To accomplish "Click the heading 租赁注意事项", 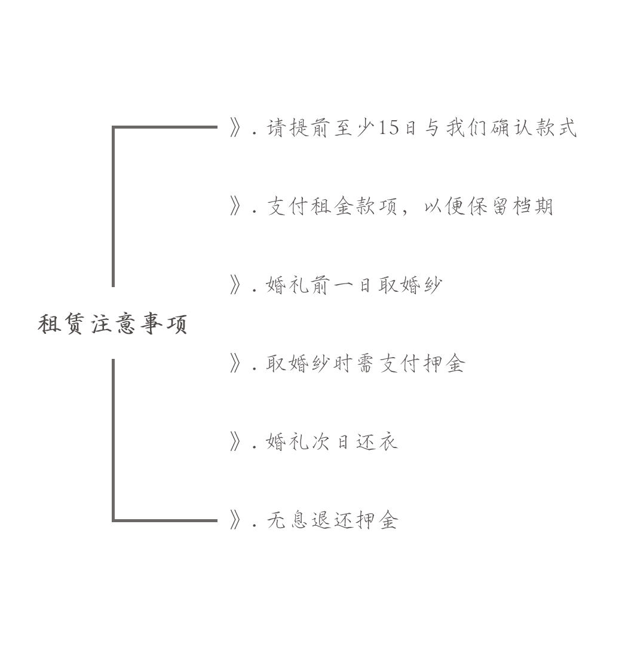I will [x=112, y=324].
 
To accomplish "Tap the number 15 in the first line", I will [x=388, y=128].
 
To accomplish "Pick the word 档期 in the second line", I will [x=533, y=206].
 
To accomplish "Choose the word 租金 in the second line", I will [x=333, y=206].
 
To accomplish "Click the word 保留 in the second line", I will [x=488, y=206].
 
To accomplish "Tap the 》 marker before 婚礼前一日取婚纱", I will [x=235, y=285].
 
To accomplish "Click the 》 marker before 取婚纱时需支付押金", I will [x=235, y=363].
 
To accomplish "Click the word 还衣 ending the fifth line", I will [x=377, y=442].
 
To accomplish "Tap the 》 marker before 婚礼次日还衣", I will [x=235, y=442].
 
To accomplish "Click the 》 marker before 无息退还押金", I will [x=235, y=520].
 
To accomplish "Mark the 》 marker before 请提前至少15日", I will [x=235, y=128].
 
